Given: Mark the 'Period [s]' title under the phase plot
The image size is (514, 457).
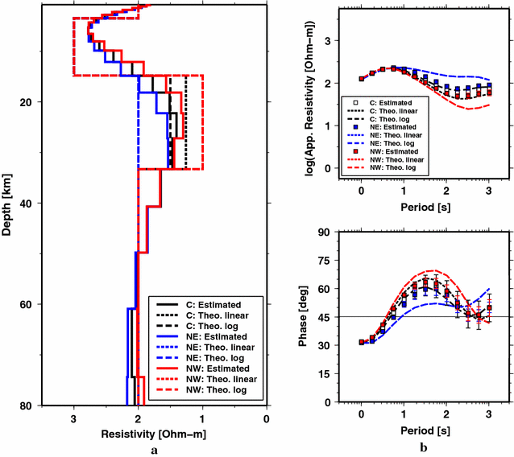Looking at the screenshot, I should pos(424,431).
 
